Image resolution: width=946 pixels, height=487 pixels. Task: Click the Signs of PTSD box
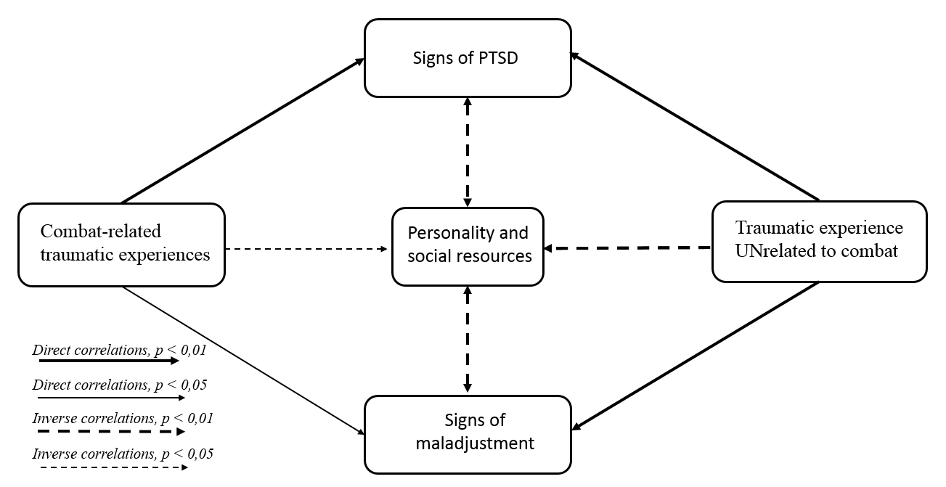click(468, 58)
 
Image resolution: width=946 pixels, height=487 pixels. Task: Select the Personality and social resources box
click(468, 245)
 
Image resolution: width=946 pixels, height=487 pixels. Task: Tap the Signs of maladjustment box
click(468, 433)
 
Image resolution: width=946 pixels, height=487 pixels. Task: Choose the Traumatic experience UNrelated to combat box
click(819, 241)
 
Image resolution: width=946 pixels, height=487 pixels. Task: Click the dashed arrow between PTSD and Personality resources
click(468, 152)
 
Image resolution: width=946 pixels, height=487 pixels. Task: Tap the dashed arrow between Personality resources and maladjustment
click(468, 339)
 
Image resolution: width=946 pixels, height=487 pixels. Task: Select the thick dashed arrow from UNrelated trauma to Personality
click(628, 248)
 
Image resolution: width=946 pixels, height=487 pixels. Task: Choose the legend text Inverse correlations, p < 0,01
click(122, 419)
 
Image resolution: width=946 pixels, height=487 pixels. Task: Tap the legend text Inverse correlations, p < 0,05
click(123, 455)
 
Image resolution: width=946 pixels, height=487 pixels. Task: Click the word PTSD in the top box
click(499, 59)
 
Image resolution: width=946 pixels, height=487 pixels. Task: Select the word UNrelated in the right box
click(775, 251)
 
